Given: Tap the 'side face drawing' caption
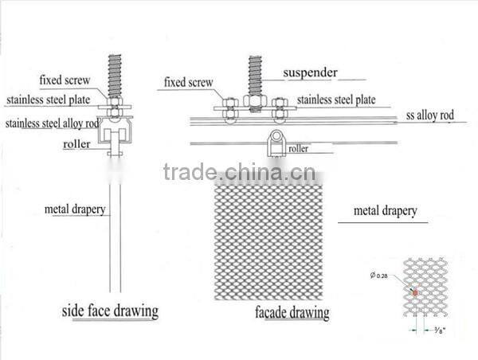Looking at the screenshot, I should coord(110,309).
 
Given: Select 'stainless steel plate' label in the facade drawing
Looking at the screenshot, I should coord(337,100).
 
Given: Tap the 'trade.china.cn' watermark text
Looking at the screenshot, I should coord(238,172).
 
